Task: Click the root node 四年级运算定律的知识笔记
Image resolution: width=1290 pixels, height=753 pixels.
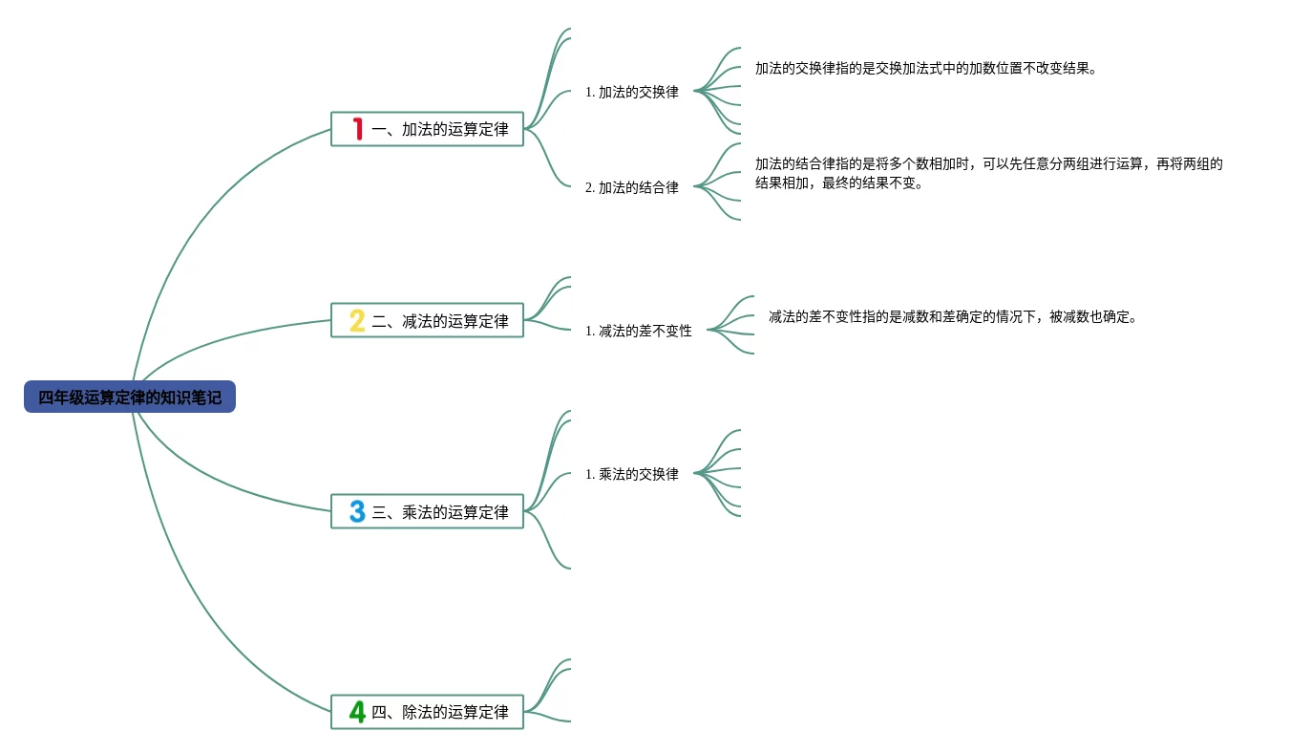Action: click(x=130, y=397)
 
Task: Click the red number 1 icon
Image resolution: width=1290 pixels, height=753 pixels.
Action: click(x=358, y=129)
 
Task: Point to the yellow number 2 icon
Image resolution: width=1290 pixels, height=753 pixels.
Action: click(x=357, y=321)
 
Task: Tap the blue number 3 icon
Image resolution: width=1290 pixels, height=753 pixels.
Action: click(x=357, y=512)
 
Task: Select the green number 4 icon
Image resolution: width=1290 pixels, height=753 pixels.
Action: click(x=357, y=712)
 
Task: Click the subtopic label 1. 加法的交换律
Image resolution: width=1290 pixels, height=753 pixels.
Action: click(x=632, y=93)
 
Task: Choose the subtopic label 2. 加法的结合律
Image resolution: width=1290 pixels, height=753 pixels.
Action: click(x=632, y=188)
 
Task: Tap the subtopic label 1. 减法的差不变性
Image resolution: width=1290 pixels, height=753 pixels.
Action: click(x=639, y=331)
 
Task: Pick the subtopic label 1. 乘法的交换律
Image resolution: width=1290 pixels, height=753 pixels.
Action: click(x=632, y=474)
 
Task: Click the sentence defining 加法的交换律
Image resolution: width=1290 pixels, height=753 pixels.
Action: click(x=925, y=69)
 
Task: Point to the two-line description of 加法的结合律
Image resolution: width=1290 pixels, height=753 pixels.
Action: click(x=988, y=174)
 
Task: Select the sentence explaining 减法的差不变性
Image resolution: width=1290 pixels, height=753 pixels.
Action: click(x=953, y=317)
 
